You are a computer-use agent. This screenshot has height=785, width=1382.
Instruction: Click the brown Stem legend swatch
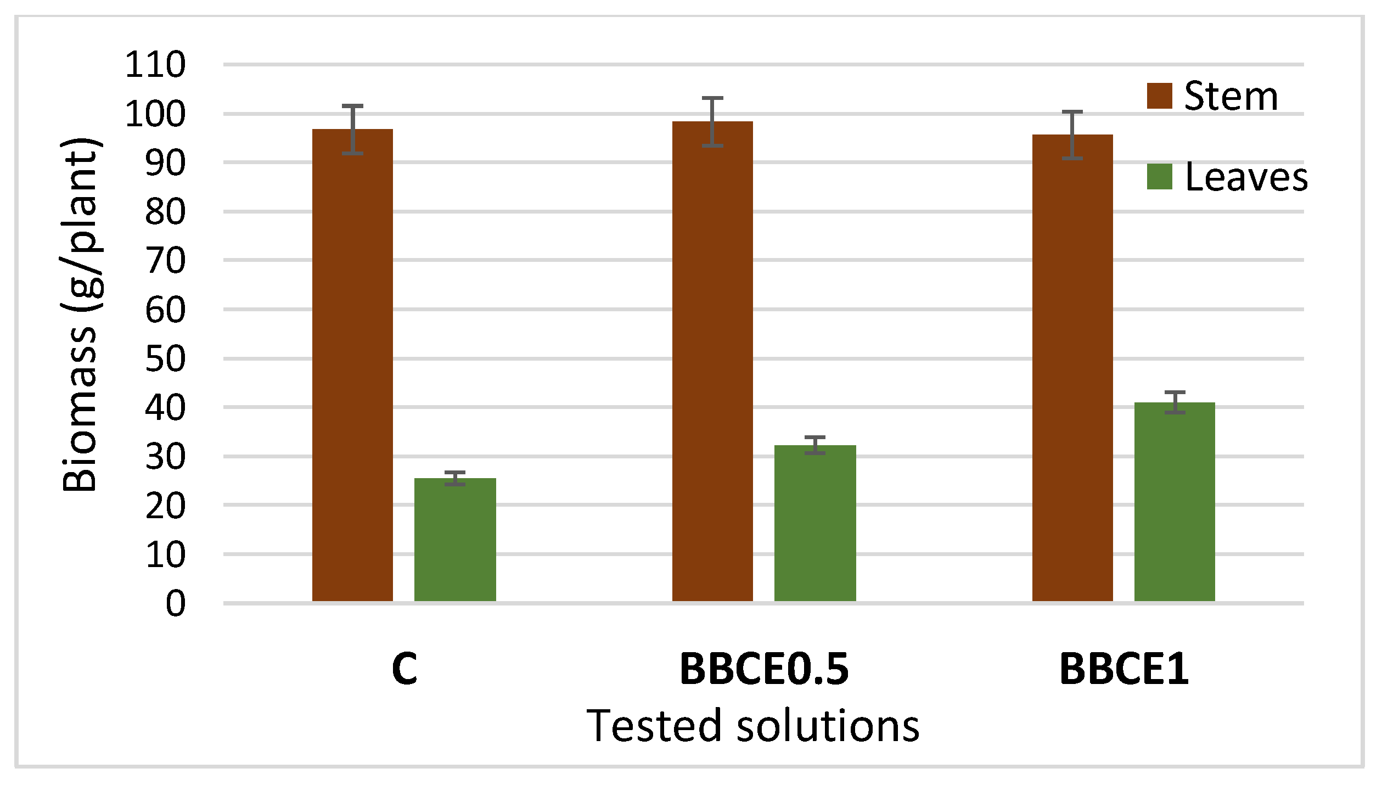[x=1159, y=96]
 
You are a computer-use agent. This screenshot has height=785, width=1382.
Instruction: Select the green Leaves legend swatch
[x=1159, y=177]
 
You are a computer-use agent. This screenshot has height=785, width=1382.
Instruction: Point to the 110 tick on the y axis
[x=155, y=65]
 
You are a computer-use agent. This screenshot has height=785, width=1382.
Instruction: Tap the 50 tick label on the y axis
[x=165, y=359]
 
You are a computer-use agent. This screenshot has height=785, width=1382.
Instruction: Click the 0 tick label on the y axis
[x=176, y=604]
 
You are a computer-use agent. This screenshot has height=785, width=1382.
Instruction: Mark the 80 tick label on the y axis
[x=165, y=212]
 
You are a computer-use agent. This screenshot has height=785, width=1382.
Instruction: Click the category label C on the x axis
[x=405, y=669]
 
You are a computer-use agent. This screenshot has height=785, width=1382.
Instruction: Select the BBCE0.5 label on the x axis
[x=764, y=669]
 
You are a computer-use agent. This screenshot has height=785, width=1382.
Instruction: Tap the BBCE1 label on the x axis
[x=1123, y=669]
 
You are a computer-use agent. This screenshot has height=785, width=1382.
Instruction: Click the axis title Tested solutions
[x=753, y=726]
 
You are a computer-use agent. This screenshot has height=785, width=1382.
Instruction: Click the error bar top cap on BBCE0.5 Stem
[x=712, y=98]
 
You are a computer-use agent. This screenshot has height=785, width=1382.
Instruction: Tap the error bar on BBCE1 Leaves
[x=1175, y=402]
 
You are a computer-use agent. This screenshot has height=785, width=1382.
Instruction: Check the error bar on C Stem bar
[x=352, y=130]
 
